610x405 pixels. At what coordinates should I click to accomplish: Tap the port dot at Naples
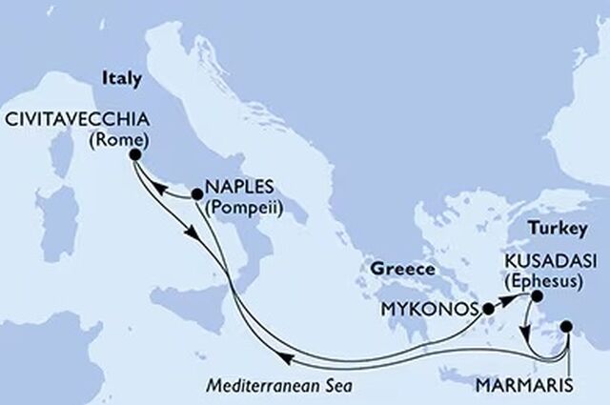[196, 194]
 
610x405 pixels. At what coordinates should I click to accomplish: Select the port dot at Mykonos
[489, 309]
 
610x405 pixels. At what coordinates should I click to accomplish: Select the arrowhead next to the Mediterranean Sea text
[283, 359]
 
